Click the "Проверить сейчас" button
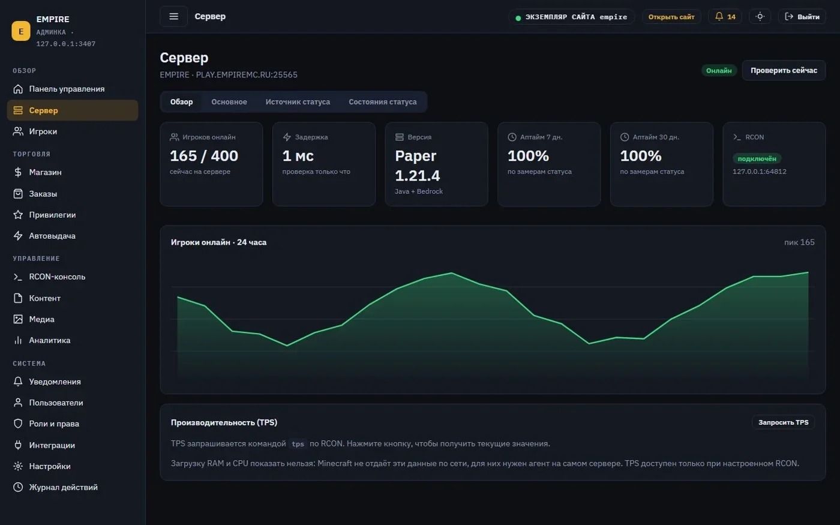pyautogui.click(x=784, y=71)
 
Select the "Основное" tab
pyautogui.click(x=229, y=102)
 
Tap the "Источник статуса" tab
pyautogui.click(x=298, y=102)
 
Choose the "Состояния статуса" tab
pyautogui.click(x=383, y=102)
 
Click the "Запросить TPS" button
pyautogui.click(x=784, y=422)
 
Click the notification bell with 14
pyautogui.click(x=725, y=17)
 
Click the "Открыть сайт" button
pyautogui.click(x=671, y=17)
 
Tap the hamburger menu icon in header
pyautogui.click(x=173, y=17)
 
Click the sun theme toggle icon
pyautogui.click(x=760, y=17)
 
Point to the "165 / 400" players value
pyautogui.click(x=204, y=156)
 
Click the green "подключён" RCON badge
pyautogui.click(x=757, y=158)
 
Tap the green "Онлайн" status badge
pyautogui.click(x=719, y=71)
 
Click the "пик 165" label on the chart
pyautogui.click(x=799, y=242)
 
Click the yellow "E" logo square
pyautogui.click(x=21, y=31)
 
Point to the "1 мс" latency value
pyautogui.click(x=298, y=156)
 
